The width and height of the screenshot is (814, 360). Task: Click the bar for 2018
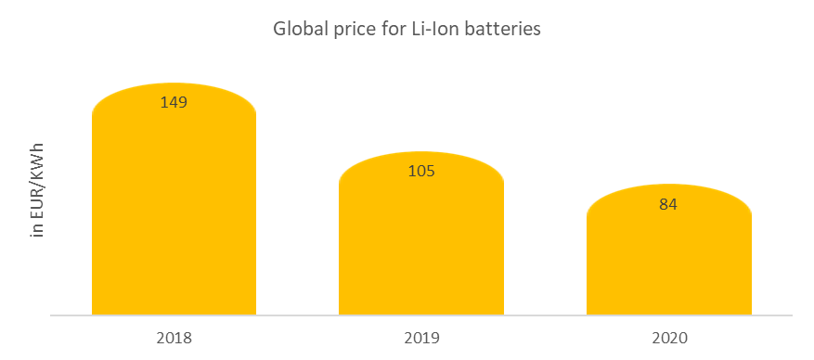click(x=174, y=213)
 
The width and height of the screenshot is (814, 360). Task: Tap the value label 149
click(x=174, y=102)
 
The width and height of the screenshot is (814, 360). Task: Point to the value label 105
click(x=420, y=171)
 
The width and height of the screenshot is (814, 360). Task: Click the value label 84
click(x=668, y=204)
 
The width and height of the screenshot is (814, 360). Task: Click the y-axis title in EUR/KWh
click(x=38, y=191)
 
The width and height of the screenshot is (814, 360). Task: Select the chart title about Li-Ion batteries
click(x=407, y=29)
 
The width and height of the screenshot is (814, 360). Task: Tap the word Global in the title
click(x=297, y=29)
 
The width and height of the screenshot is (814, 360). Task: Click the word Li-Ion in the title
click(x=430, y=29)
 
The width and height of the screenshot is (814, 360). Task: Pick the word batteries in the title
click(x=502, y=29)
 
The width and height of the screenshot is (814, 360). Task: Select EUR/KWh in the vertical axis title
click(x=38, y=179)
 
